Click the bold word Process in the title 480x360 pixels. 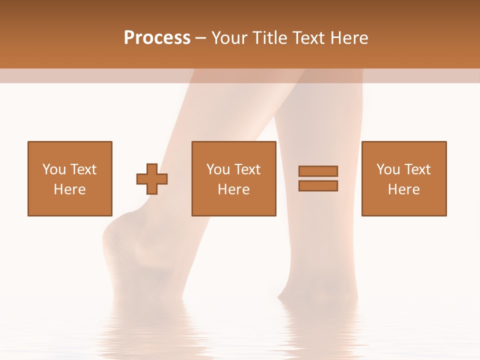coord(157,37)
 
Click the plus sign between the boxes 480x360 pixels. coord(152,179)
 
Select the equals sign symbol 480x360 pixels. coord(318,178)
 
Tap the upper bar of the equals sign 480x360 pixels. coord(318,171)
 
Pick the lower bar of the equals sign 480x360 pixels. coord(318,186)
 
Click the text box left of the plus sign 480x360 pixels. coord(70,178)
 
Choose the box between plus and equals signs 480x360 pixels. coord(234,178)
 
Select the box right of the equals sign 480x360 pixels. coord(404,178)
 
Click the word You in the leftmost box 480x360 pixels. coord(54,169)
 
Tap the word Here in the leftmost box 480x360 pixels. coord(70,189)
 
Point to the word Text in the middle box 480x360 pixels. coord(247,169)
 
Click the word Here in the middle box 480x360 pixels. coord(234,189)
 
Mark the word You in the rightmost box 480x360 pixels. coord(388,169)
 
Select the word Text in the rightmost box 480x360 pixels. coord(417,169)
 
